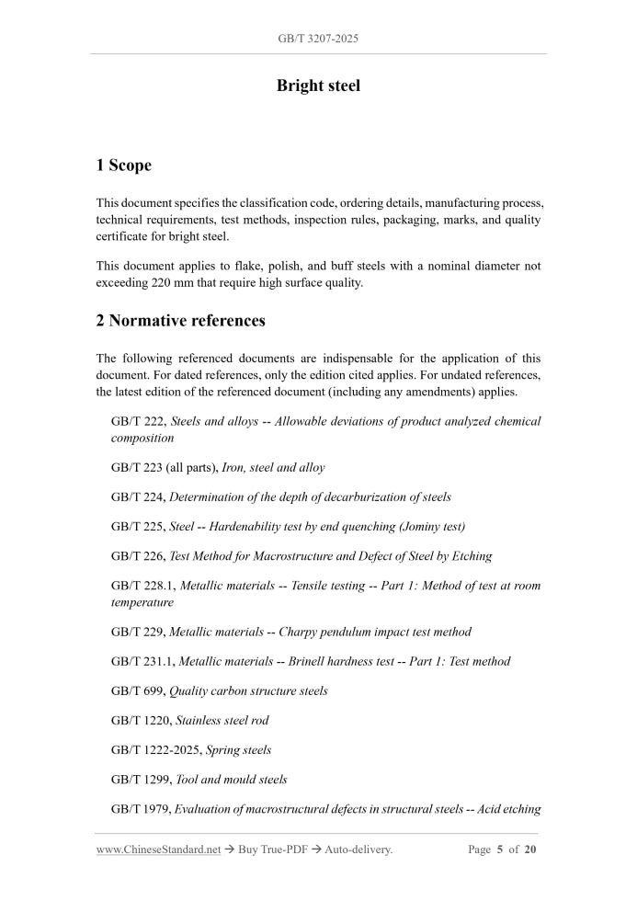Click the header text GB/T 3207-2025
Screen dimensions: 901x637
pos(318,40)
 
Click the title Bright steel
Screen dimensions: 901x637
pos(318,86)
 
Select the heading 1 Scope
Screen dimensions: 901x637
pos(123,165)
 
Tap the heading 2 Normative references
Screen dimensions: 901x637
pos(180,321)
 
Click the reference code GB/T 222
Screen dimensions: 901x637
pos(137,421)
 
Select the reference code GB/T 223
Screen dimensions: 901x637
pos(137,467)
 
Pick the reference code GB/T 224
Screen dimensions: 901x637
pos(137,496)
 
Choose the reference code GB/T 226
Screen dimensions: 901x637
pos(137,556)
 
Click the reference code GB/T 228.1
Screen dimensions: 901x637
pos(142,586)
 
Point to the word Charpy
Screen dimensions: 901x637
pos(300,632)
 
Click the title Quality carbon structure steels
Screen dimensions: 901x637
pos(248,690)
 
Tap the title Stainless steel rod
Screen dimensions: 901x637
pos(222,720)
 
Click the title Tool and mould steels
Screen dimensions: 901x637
pos(231,779)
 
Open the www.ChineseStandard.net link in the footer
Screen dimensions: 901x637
pos(158,850)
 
